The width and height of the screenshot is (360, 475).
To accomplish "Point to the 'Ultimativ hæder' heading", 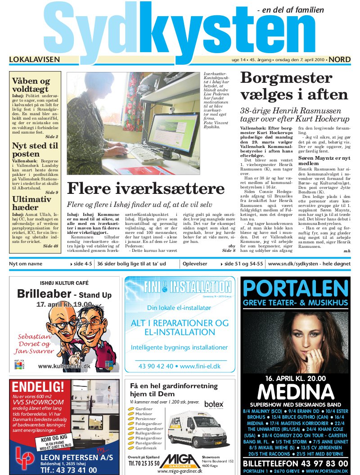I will [x=31, y=203].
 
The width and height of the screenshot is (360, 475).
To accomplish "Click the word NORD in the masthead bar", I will [x=340, y=59].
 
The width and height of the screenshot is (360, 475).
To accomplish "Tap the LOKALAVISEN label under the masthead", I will [x=35, y=59].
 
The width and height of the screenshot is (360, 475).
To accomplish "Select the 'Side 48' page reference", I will [x=50, y=246].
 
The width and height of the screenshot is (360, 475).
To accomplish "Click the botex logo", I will [x=213, y=404].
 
